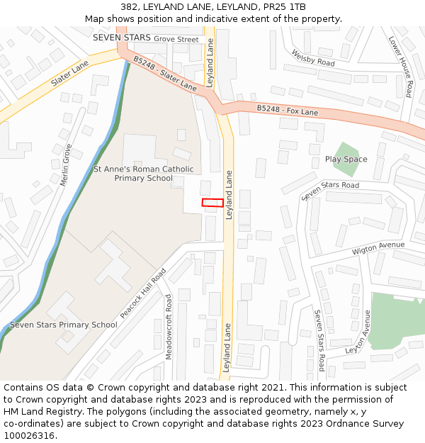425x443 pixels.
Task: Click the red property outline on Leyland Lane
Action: (x=212, y=203)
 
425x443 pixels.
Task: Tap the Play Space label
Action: (x=346, y=159)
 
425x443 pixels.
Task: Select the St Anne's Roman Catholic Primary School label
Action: (x=143, y=174)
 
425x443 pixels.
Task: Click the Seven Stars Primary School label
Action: (x=64, y=325)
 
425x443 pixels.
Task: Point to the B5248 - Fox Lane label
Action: (x=287, y=110)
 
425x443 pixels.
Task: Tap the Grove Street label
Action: (x=176, y=40)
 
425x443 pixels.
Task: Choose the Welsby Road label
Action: (x=312, y=58)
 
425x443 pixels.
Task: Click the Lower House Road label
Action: (x=400, y=67)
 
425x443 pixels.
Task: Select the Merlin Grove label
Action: (x=66, y=164)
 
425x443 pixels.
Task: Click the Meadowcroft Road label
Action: (x=169, y=326)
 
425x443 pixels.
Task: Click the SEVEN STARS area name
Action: (x=121, y=37)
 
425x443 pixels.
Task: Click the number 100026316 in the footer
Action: (x=29, y=435)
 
